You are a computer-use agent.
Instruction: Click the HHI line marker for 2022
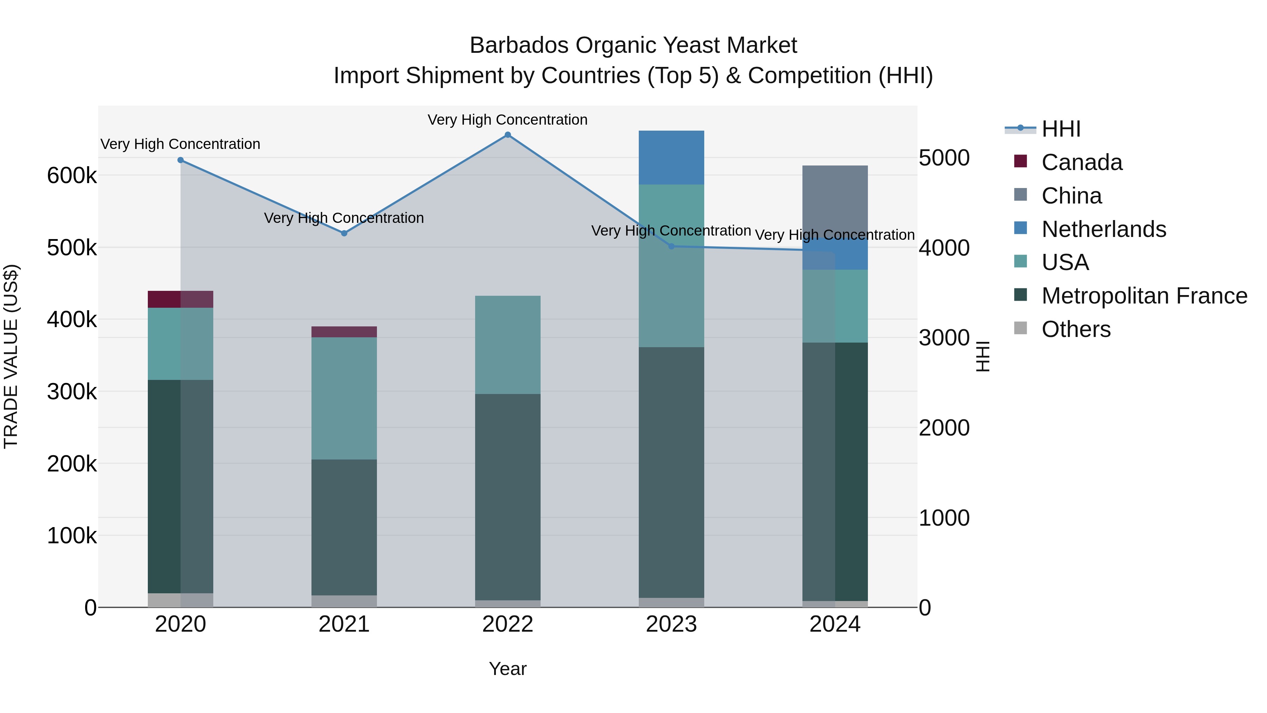[508, 135]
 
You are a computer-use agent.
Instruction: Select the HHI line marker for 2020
[181, 160]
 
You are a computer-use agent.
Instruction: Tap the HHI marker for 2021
[344, 233]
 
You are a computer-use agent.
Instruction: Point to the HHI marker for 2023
[672, 246]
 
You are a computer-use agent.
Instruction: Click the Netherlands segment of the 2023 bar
[672, 157]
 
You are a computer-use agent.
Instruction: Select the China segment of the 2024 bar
[835, 202]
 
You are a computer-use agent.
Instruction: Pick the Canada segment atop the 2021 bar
[344, 332]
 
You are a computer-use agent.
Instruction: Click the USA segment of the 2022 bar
[508, 344]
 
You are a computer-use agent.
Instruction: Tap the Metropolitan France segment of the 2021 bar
[344, 526]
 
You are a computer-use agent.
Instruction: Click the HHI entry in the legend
[1060, 129]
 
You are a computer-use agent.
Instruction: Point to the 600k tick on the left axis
[72, 176]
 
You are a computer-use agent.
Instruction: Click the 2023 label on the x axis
[672, 624]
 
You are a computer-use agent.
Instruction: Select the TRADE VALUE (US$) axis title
[11, 356]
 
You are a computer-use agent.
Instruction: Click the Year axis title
[508, 669]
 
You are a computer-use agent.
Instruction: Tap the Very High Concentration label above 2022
[508, 120]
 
